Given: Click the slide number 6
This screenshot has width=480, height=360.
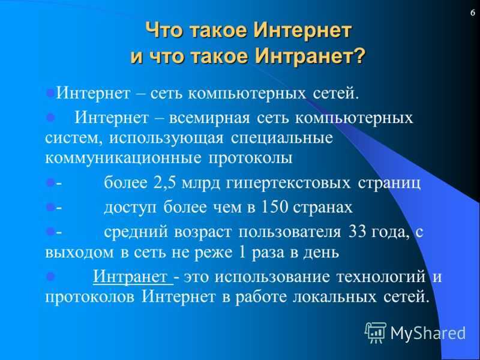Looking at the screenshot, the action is pyautogui.click(x=473, y=13).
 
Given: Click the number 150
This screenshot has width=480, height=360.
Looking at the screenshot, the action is pyautogui.click(x=274, y=207).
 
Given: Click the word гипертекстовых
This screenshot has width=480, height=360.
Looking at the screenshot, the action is pyautogui.click(x=288, y=184).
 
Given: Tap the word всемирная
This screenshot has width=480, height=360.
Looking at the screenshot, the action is pyautogui.click(x=209, y=118).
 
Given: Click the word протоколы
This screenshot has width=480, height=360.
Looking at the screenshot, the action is pyautogui.click(x=250, y=159).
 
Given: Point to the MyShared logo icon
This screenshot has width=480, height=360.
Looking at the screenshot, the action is pyautogui.click(x=376, y=332).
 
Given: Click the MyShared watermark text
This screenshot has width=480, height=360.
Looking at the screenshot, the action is pyautogui.click(x=428, y=333).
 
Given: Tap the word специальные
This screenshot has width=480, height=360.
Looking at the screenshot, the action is pyautogui.click(x=281, y=139).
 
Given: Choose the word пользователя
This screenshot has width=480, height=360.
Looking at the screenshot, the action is pyautogui.click(x=289, y=232).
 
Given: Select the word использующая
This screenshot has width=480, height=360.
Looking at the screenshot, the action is pyautogui.click(x=166, y=139).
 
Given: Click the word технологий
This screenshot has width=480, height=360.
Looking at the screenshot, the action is pyautogui.click(x=381, y=277).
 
